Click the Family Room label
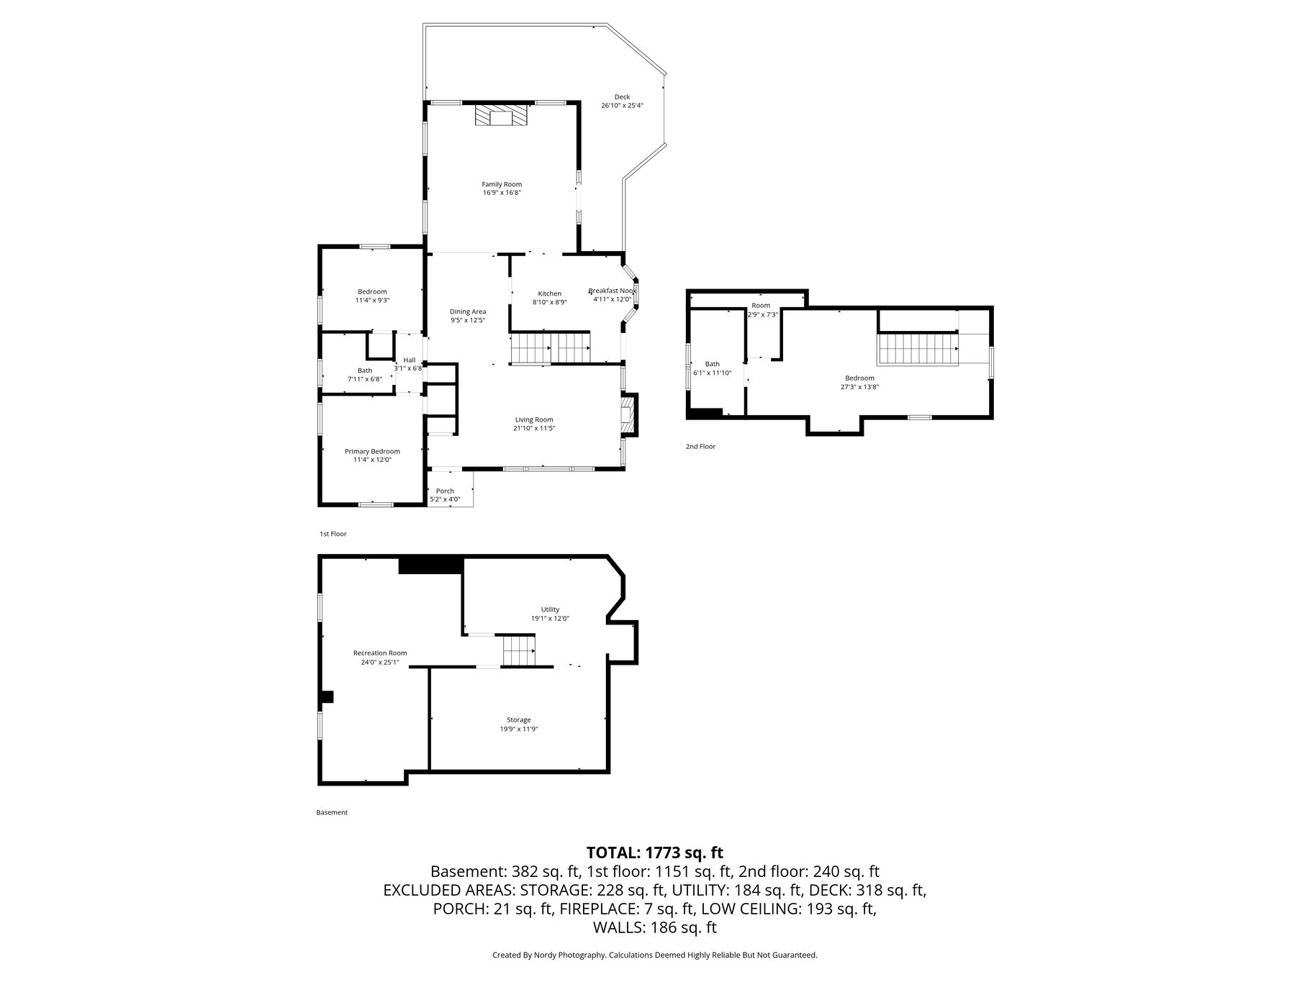(502, 184)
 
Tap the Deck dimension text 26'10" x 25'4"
(622, 105)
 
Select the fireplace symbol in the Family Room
(502, 117)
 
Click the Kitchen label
(550, 294)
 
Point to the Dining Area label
(468, 312)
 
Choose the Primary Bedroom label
(372, 452)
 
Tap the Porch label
(445, 491)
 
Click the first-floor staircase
(551, 349)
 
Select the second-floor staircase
(918, 350)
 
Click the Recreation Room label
(380, 653)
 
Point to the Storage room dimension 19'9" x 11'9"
(519, 729)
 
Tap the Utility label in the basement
(550, 609)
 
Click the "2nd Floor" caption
(700, 447)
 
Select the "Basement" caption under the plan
(332, 812)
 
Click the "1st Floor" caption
(333, 534)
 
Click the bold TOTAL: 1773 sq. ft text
(655, 853)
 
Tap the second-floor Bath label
(712, 364)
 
